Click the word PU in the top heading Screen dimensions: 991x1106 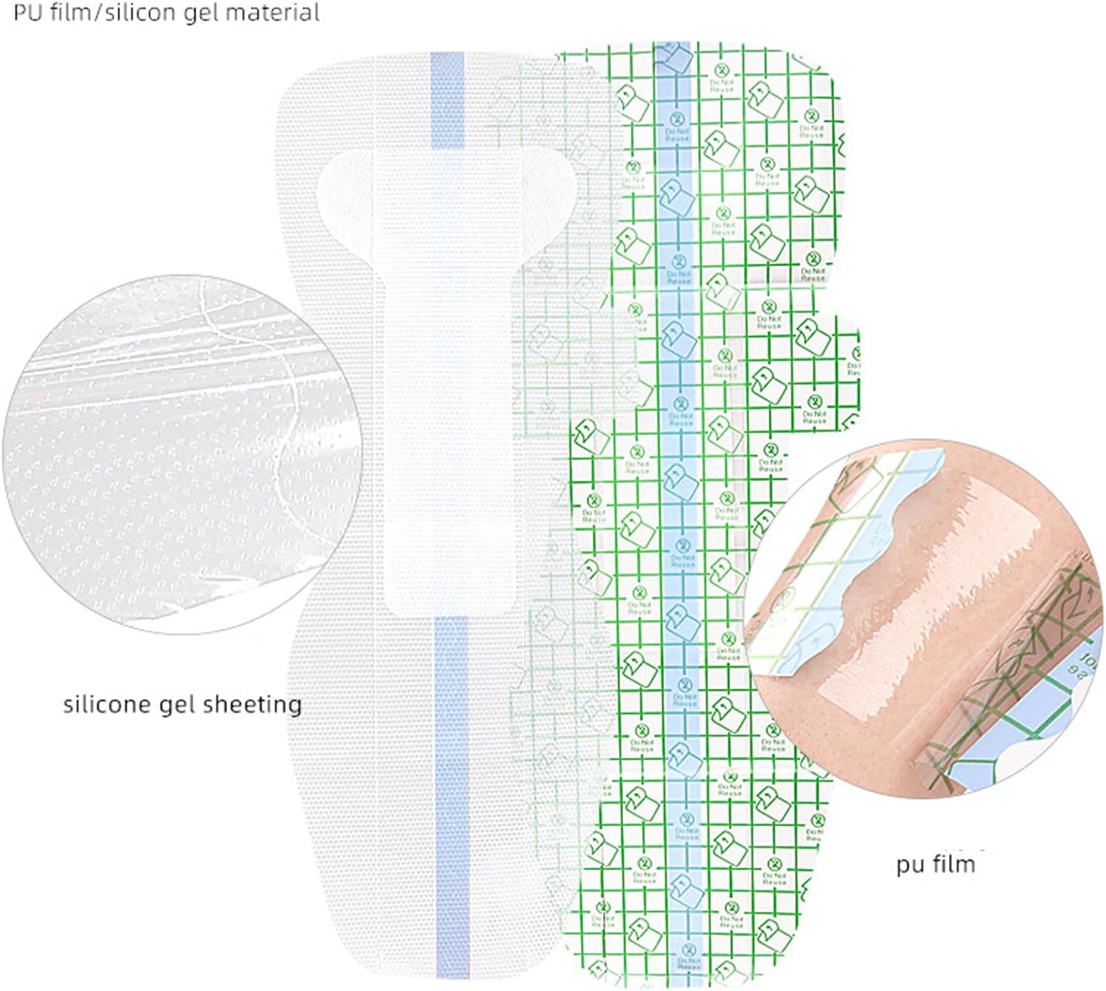click(27, 13)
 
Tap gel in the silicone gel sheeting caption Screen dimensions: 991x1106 click(180, 706)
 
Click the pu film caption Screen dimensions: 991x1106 click(935, 863)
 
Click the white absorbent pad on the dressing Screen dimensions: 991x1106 click(428, 413)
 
